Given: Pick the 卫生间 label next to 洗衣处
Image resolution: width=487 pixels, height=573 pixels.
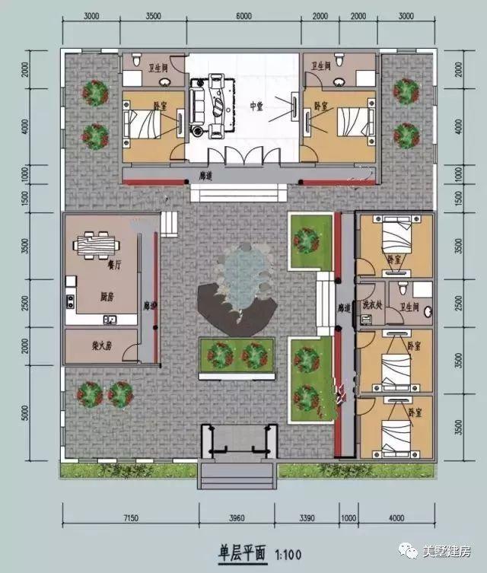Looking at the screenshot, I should coord(409,307).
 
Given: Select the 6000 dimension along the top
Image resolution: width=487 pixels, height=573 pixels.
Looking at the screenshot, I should coord(244,16).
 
